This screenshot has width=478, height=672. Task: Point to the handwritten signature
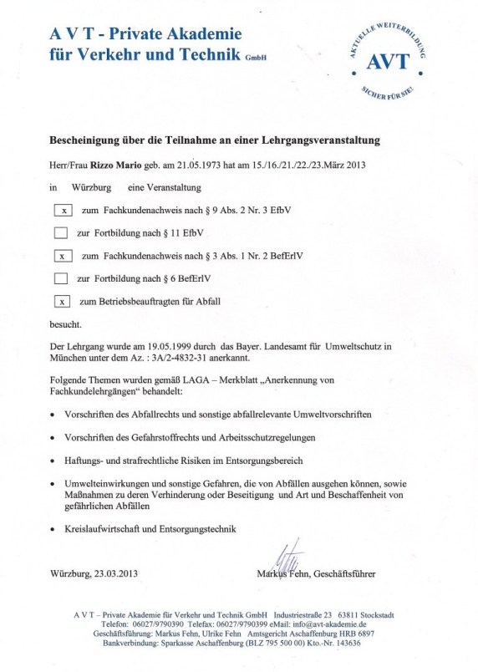(282, 556)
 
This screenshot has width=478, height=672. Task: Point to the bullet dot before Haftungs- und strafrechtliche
(53, 461)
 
